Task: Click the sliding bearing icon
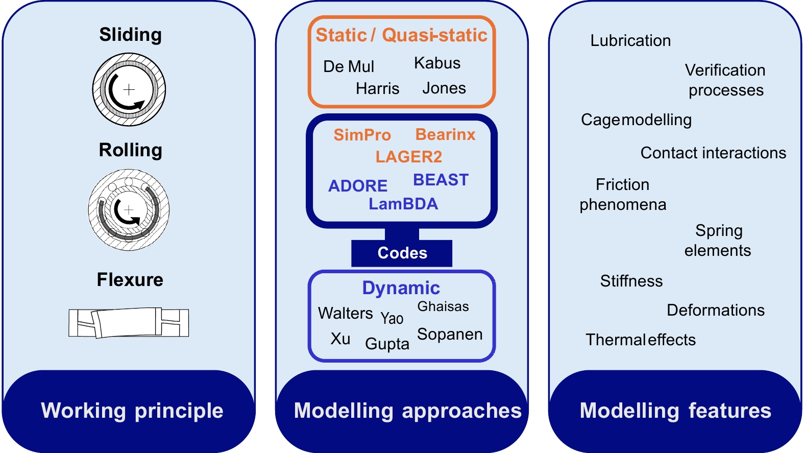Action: (x=129, y=90)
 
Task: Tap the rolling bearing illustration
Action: (x=129, y=210)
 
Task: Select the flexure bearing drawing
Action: (x=129, y=323)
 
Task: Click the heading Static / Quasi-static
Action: (x=401, y=35)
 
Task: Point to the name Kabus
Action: (x=437, y=63)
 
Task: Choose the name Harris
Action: (x=377, y=88)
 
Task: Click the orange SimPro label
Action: (x=362, y=135)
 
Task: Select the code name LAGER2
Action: (x=408, y=157)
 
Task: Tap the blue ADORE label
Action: (x=358, y=186)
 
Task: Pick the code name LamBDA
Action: (x=403, y=204)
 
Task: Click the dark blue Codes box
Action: (x=402, y=253)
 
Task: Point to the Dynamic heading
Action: (x=401, y=288)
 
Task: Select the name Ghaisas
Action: (x=443, y=306)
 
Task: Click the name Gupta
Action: (x=387, y=344)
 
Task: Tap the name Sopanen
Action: (x=449, y=334)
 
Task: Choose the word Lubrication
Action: (x=630, y=41)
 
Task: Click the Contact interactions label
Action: (x=713, y=153)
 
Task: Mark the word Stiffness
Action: (x=631, y=281)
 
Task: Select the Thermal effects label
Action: (x=640, y=340)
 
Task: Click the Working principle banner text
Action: (x=132, y=411)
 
